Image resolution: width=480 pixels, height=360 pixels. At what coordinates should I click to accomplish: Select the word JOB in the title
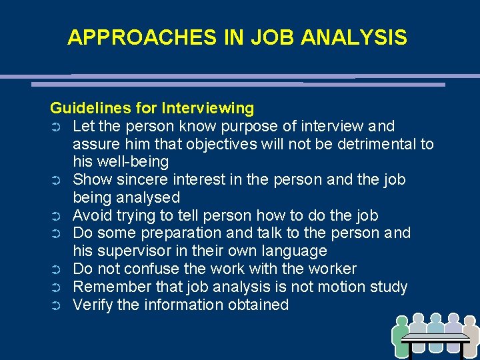pyautogui.click(x=273, y=38)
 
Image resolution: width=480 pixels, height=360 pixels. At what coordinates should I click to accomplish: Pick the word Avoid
pyautogui.click(x=91, y=216)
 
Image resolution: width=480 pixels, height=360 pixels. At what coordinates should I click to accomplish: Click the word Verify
pyautogui.click(x=91, y=305)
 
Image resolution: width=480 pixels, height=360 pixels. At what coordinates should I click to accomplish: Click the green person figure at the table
pyautogui.click(x=401, y=336)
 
